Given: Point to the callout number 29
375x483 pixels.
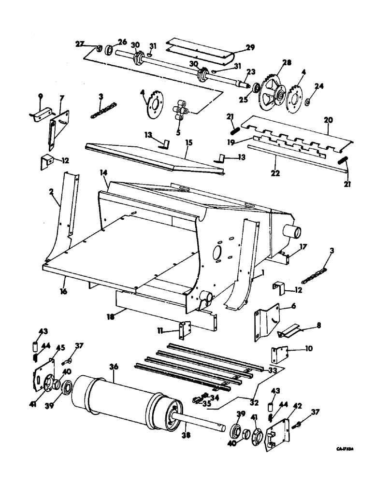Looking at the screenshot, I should click(250, 47).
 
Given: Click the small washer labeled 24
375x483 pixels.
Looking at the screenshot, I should click(307, 102).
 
